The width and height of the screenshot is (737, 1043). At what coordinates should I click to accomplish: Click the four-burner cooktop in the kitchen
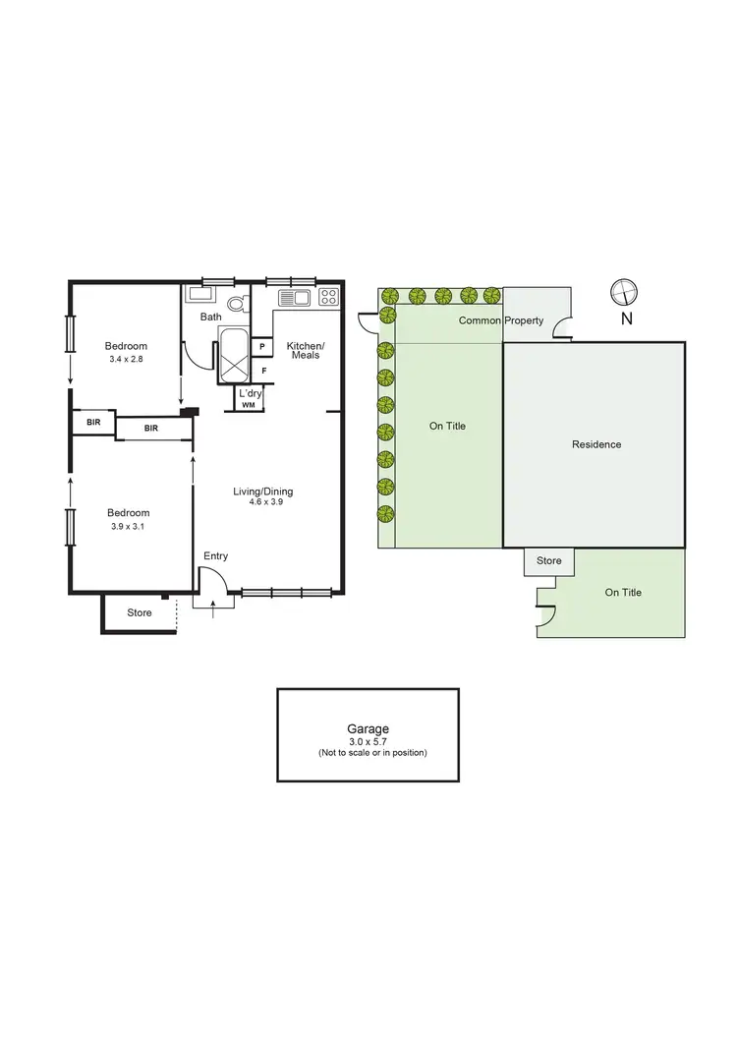[x=327, y=297]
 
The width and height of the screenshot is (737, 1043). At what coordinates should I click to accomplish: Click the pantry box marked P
[x=262, y=346]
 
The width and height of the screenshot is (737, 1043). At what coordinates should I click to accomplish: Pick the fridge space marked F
[x=262, y=371]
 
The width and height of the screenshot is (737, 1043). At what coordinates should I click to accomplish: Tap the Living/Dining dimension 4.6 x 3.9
[x=262, y=502]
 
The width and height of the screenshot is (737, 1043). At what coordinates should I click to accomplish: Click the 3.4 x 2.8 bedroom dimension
[x=127, y=360]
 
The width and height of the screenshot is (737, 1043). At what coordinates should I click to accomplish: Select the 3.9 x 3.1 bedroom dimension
[x=128, y=527]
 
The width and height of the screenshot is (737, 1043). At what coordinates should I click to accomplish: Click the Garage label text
[x=368, y=729]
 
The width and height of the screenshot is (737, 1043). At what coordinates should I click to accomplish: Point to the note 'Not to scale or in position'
[x=368, y=753]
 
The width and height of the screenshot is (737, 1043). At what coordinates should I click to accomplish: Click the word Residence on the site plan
[x=596, y=444]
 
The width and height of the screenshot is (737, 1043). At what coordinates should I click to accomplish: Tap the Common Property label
[x=500, y=321]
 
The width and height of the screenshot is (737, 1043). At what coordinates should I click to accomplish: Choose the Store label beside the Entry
[x=140, y=613]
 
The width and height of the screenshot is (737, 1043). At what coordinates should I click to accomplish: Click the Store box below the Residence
[x=549, y=561]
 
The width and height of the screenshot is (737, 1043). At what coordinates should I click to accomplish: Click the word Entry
[x=215, y=556]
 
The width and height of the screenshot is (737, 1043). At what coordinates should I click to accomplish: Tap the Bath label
[x=211, y=317]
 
